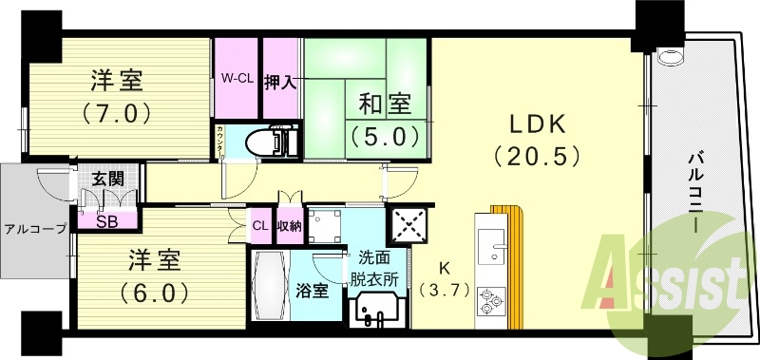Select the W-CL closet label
pyautogui.click(x=236, y=77)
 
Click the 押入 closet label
pyautogui.click(x=280, y=82)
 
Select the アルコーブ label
pyautogui.click(x=35, y=228)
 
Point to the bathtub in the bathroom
pyautogui.click(x=272, y=285)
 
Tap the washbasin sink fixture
pyautogui.click(x=376, y=310)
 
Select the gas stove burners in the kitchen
pyautogui.click(x=491, y=300)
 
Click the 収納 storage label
pyautogui.click(x=289, y=226)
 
